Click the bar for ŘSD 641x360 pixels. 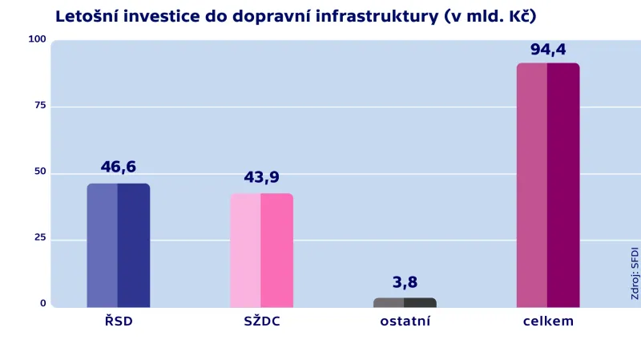pos(118,245)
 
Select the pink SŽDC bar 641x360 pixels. pos(261,250)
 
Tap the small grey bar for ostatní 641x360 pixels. pos(405,302)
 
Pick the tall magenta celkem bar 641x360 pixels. pos(547,185)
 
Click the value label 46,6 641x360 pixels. pos(118,167)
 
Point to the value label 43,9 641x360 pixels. pos(261,177)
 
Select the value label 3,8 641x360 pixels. pos(405,282)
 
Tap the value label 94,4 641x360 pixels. pos(547,50)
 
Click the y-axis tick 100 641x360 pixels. pos(38,39)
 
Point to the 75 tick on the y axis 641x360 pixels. pos(40,105)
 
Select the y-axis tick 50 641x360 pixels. pos(40,172)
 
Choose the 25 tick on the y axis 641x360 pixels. pos(40,238)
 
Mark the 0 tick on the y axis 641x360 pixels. pos(43,303)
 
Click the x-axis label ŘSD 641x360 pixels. pos(118,322)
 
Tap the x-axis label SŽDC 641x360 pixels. pos(261,322)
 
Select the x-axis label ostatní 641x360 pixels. pos(405,322)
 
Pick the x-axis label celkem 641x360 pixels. pos(547,322)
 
